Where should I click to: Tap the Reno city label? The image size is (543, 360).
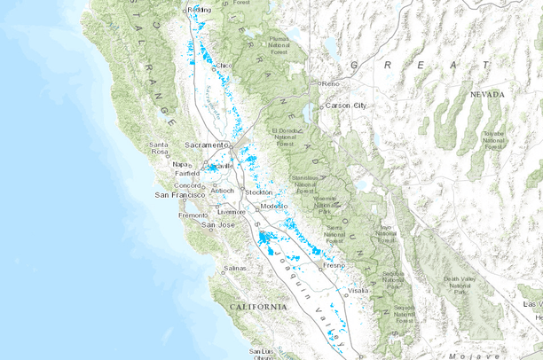tap(331, 84)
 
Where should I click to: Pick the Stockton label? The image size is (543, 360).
tap(259, 192)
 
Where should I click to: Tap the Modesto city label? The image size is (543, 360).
tap(274, 206)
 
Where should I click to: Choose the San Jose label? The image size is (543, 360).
tap(220, 224)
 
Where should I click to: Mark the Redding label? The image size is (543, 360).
tap(200, 9)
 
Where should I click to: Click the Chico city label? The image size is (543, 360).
tap(224, 65)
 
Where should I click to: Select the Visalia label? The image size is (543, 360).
tap(358, 290)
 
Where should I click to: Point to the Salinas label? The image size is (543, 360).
tap(233, 267)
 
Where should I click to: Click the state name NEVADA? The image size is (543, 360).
tap(487, 94)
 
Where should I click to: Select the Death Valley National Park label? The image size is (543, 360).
tap(463, 286)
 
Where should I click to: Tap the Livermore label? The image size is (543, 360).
tap(231, 212)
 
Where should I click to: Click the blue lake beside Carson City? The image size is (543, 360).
tap(308, 113)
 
